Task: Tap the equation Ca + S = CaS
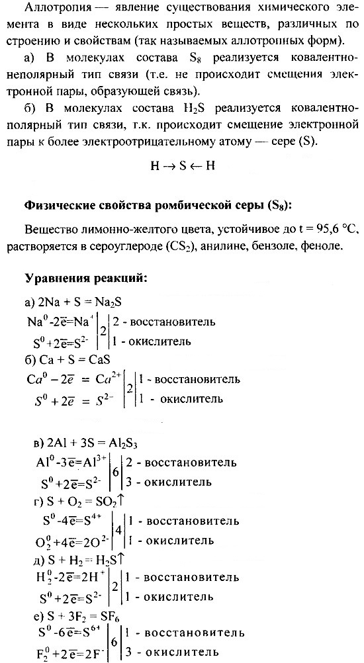tap(66, 360)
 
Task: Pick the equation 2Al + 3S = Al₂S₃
tap(91, 442)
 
